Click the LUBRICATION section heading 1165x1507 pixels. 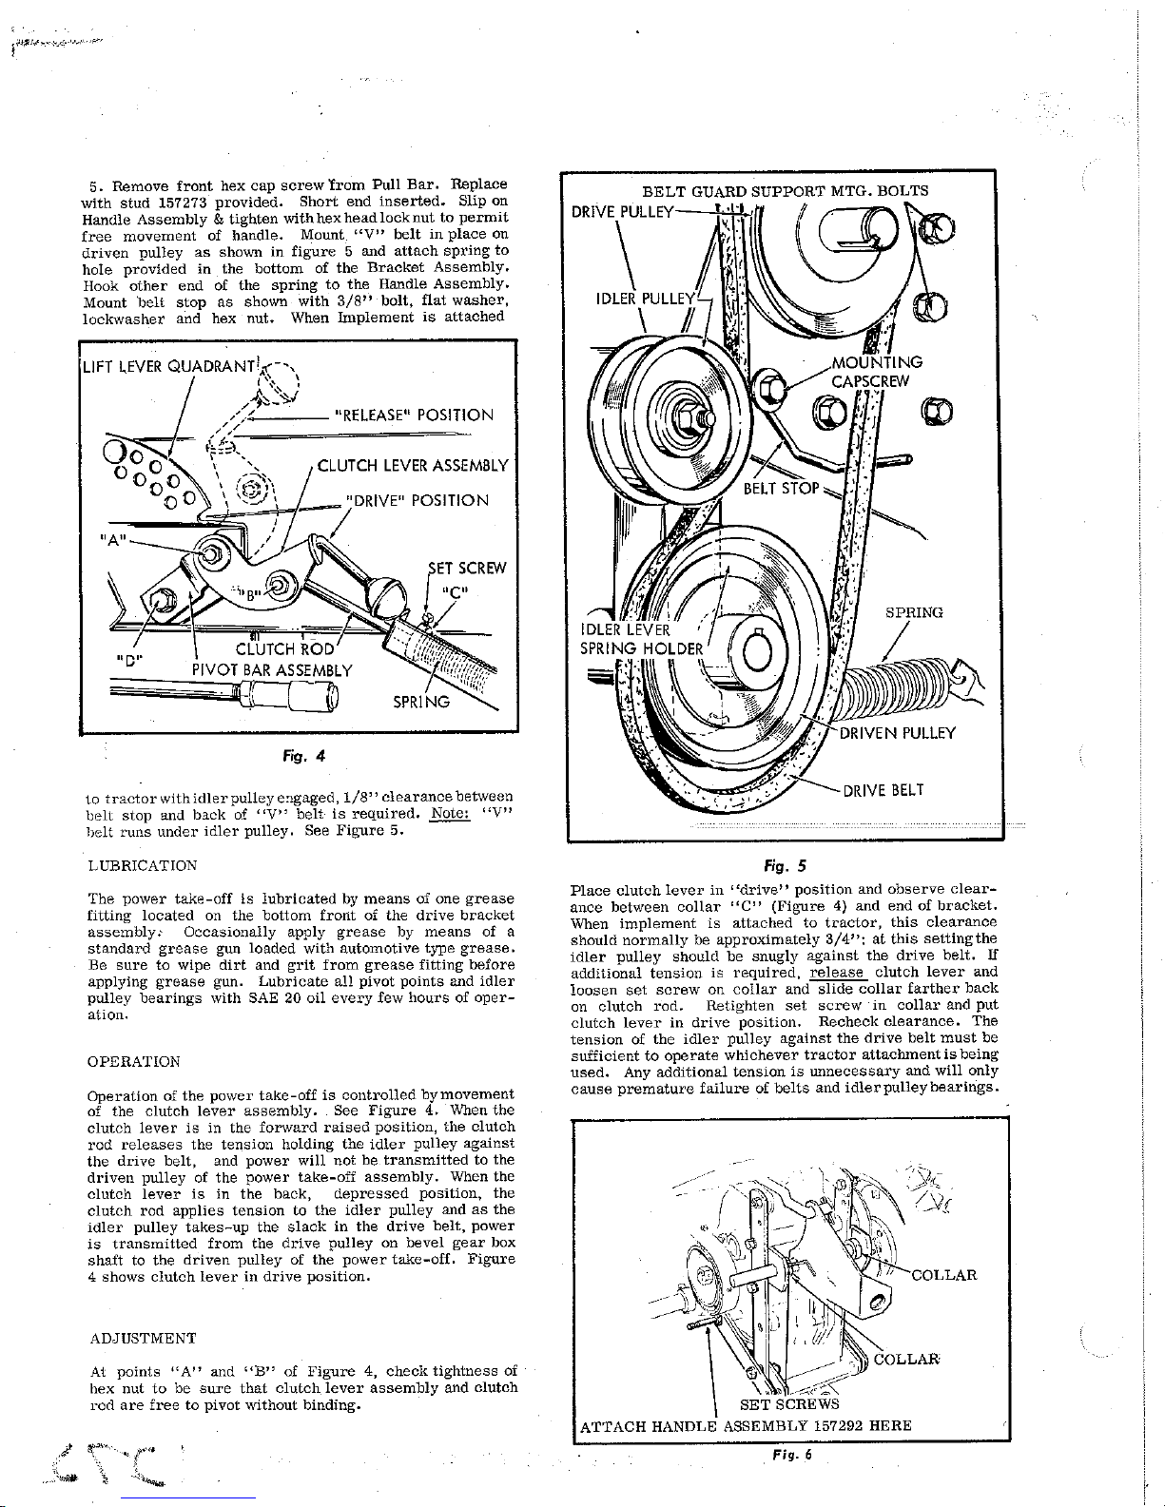click(142, 865)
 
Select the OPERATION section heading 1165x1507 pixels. click(134, 1062)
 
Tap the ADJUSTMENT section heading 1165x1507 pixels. click(143, 1339)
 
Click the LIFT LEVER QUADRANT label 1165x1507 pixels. click(169, 366)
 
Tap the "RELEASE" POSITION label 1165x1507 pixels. click(414, 415)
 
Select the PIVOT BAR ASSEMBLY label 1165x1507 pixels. click(272, 670)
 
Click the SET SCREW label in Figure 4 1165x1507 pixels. click(467, 568)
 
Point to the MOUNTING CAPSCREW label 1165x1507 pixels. click(876, 372)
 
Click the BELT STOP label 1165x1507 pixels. click(781, 489)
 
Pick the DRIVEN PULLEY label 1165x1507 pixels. click(898, 733)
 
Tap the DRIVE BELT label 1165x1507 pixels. click(883, 790)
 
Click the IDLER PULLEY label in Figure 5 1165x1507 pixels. click(644, 299)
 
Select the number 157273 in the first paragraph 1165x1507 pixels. click(184, 203)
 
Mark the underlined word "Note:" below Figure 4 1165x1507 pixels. click(450, 814)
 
